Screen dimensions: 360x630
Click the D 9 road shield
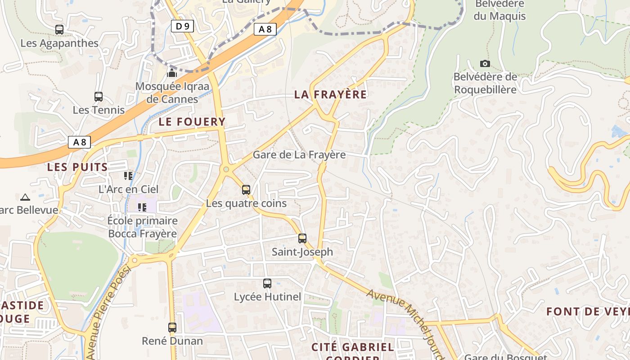[x=182, y=26]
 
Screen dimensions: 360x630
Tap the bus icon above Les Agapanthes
[x=59, y=30]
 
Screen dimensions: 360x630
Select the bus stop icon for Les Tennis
[x=98, y=96]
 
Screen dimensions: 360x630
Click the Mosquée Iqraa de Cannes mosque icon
[x=172, y=72]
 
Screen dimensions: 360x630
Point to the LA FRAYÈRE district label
[x=330, y=94]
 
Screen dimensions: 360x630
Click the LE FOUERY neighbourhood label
[x=192, y=121]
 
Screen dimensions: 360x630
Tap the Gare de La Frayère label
[x=299, y=155]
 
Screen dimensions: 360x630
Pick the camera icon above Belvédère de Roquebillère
[x=485, y=63]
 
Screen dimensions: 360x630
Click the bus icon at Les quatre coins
[x=246, y=189]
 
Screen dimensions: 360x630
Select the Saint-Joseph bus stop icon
[x=302, y=238]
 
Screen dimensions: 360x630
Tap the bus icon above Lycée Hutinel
[x=267, y=283]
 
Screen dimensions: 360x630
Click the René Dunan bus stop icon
[x=172, y=327]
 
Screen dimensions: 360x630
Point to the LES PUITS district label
[x=77, y=167]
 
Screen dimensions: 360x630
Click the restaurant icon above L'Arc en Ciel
[x=128, y=175]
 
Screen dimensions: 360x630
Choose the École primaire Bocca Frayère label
[x=142, y=227]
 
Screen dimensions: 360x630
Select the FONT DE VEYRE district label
[x=587, y=311]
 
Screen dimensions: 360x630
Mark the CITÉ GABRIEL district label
[x=353, y=347]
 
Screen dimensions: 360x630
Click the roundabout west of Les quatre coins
[x=226, y=170]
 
